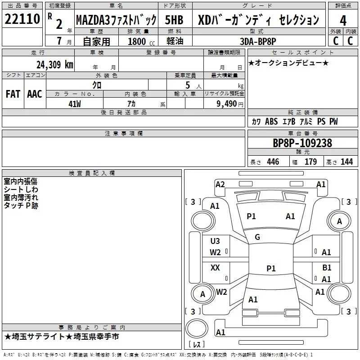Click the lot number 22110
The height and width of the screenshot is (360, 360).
[22, 19]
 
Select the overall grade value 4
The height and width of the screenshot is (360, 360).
[343, 20]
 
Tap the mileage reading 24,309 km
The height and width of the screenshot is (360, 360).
[55, 65]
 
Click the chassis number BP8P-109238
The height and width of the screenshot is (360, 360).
[302, 143]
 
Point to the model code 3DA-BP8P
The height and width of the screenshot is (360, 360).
[258, 41]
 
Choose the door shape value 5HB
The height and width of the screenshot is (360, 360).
[174, 20]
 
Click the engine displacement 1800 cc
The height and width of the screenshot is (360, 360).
[141, 41]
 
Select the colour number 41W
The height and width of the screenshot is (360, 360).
[75, 104]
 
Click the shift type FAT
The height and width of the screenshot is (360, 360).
[13, 94]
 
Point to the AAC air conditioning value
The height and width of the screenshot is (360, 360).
[35, 94]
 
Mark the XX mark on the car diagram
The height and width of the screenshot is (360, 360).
[215, 267]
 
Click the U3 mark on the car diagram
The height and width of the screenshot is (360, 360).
[215, 241]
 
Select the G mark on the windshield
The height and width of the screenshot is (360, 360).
[257, 237]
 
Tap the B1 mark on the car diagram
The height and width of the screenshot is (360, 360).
[327, 267]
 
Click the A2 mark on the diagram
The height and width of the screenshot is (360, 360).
[220, 184]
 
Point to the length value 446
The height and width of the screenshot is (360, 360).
[273, 162]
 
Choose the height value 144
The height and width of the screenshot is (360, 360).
[346, 162]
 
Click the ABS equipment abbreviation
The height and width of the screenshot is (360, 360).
[271, 121]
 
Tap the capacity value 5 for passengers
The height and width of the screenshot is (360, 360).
[188, 85]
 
